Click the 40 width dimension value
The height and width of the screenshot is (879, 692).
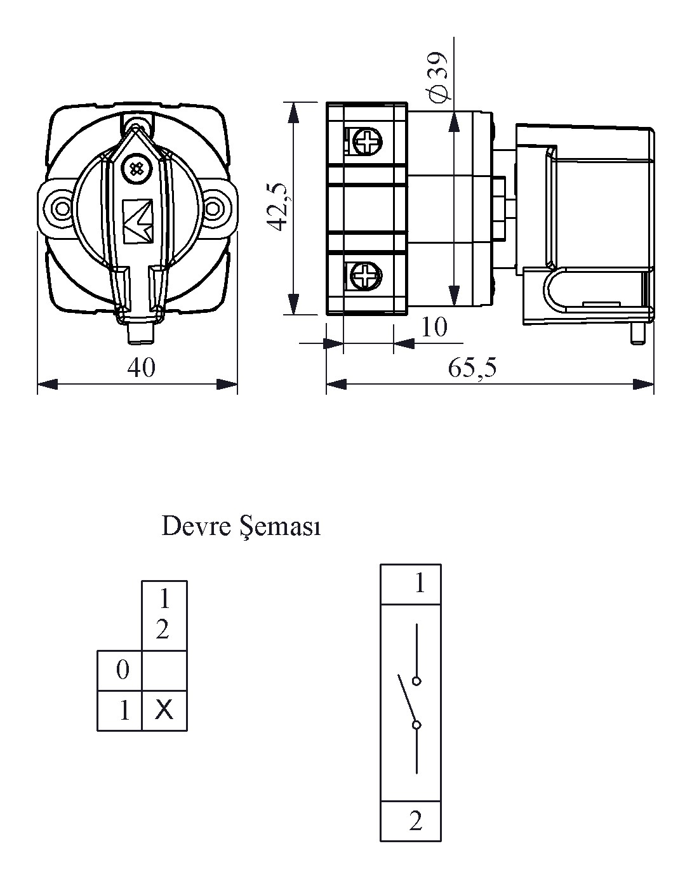point(140,367)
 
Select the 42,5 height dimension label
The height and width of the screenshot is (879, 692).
point(278,208)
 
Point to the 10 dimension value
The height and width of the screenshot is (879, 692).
point(434,327)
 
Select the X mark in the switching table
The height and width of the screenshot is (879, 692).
point(164,710)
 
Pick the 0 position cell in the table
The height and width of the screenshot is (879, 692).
point(123,670)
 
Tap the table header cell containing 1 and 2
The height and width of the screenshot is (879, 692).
point(164,614)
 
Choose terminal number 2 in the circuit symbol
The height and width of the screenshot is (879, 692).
point(416,821)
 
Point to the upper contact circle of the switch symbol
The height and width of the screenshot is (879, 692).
point(416,681)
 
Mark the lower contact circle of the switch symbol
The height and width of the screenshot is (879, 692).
point(416,725)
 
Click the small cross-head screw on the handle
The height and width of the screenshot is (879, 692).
point(135,169)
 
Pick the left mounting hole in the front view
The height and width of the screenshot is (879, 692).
point(62,208)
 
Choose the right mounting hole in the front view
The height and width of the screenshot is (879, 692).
point(214,208)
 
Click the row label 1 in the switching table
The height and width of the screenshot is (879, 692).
point(124,711)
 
